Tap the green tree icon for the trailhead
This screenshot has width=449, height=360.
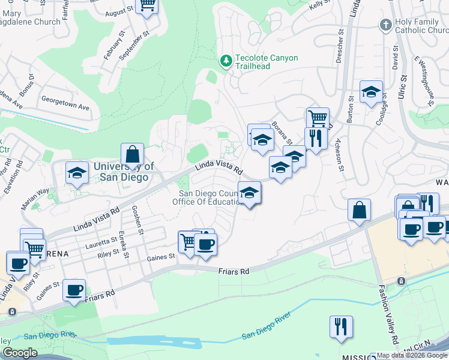click(x=226, y=61)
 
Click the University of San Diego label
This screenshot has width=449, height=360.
click(x=124, y=172)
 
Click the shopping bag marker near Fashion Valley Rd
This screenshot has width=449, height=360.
click(x=359, y=211)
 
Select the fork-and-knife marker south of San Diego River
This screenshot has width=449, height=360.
click(x=341, y=327)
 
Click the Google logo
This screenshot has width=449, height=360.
click(x=20, y=353)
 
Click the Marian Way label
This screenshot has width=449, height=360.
click(x=35, y=198)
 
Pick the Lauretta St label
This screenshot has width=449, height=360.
click(x=101, y=241)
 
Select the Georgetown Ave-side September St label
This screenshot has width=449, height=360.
click(x=134, y=47)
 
